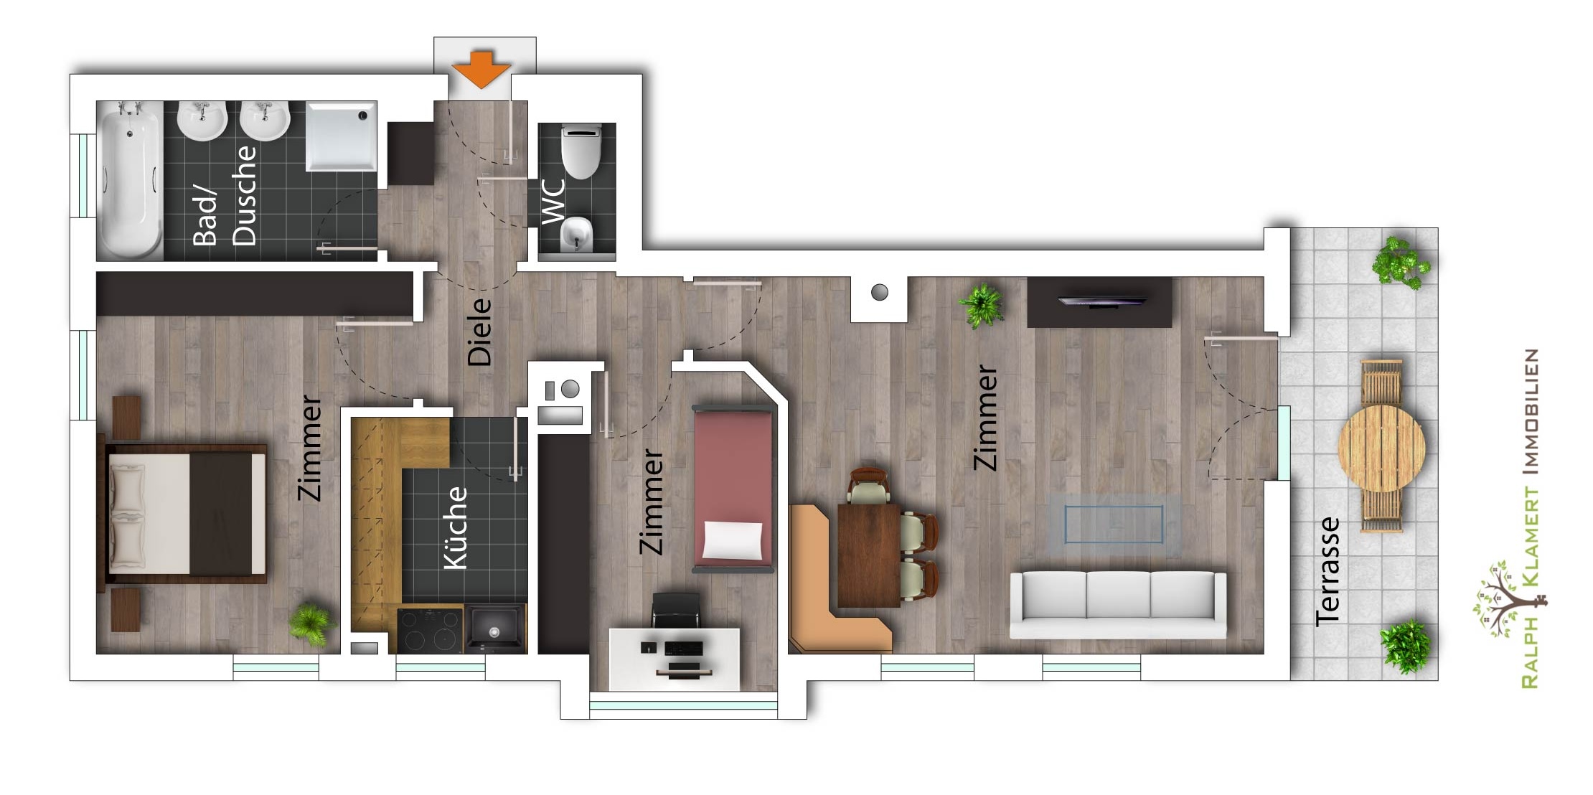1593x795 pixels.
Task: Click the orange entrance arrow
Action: click(481, 69)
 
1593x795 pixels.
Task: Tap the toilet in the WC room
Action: click(581, 151)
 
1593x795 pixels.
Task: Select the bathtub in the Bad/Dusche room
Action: click(130, 180)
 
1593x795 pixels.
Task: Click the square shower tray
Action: click(341, 136)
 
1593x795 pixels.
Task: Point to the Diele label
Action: click(479, 332)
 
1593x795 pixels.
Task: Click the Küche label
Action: click(456, 528)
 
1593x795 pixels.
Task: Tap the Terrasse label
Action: click(1327, 571)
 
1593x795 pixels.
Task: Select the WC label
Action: click(553, 201)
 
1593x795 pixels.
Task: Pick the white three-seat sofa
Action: click(1118, 604)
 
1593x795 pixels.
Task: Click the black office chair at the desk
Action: click(675, 610)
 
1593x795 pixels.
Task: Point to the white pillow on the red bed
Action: click(733, 540)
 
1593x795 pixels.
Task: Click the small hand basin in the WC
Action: click(576, 234)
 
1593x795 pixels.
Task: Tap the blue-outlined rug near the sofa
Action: click(1114, 524)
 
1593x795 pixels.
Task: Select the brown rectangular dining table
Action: click(869, 555)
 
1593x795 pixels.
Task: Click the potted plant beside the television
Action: click(981, 305)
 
